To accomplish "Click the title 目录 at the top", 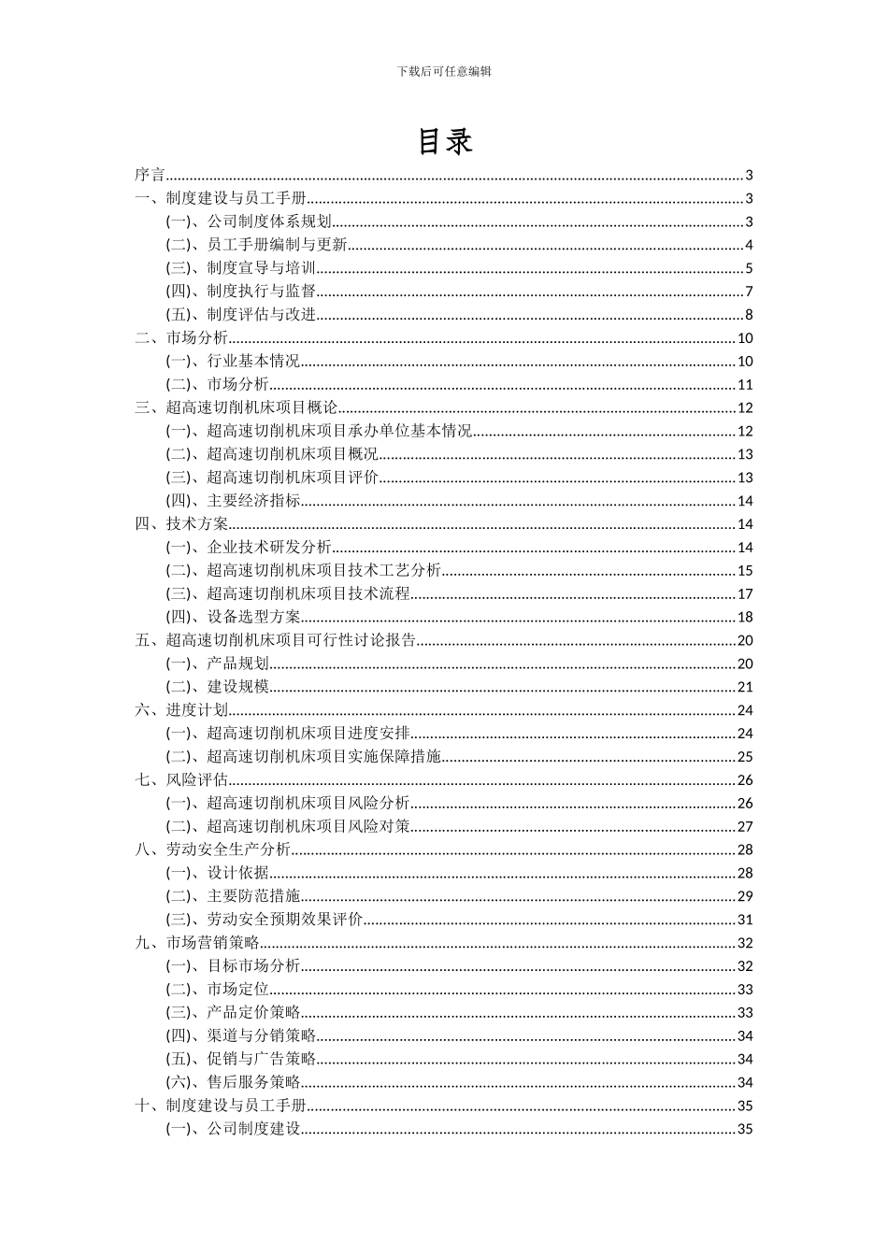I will pyautogui.click(x=444, y=141).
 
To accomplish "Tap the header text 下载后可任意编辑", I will pyautogui.click(x=444, y=71).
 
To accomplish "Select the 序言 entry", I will pyautogui.click(x=150, y=175).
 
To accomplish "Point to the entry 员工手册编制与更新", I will pyautogui.click(x=277, y=245).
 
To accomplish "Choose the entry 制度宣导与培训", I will pyautogui.click(x=262, y=268).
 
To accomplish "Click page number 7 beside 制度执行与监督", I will pyautogui.click(x=749, y=292).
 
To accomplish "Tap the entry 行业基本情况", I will pyautogui.click(x=253, y=362).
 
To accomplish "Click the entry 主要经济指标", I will pyautogui.click(x=253, y=501).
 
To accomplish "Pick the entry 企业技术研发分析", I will pyautogui.click(x=269, y=548).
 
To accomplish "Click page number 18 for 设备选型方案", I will pyautogui.click(x=745, y=617).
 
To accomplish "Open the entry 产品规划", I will pyautogui.click(x=237, y=664).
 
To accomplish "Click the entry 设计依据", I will pyautogui.click(x=237, y=873).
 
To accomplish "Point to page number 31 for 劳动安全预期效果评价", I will pyautogui.click(x=745, y=920).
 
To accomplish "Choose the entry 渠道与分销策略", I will pyautogui.click(x=262, y=1035).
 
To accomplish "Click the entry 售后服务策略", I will pyautogui.click(x=253, y=1082).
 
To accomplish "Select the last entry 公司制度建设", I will pyautogui.click(x=253, y=1129).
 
